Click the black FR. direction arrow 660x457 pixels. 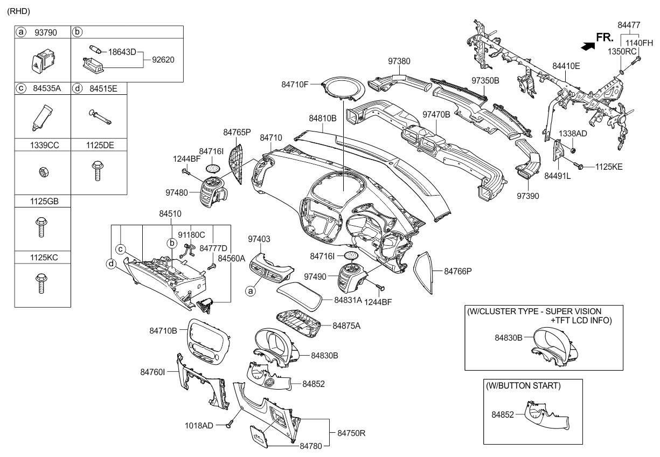click(x=589, y=46)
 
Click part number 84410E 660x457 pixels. click(x=566, y=66)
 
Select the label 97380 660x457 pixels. click(x=400, y=61)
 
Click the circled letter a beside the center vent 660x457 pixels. click(x=249, y=291)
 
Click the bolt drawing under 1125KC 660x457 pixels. click(x=43, y=282)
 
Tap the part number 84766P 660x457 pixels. click(x=458, y=272)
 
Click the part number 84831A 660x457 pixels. click(x=348, y=299)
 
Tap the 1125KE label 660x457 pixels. click(x=609, y=167)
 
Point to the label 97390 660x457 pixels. click(x=528, y=196)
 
